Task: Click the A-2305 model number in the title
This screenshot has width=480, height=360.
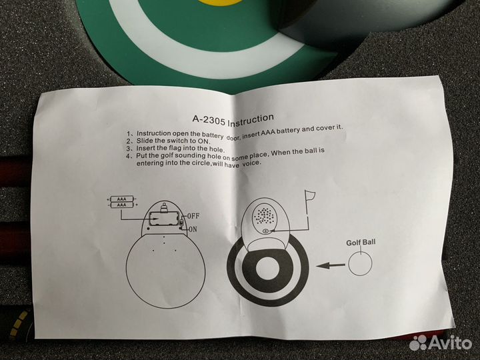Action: [209, 120]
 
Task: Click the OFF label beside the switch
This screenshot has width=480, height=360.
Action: [193, 216]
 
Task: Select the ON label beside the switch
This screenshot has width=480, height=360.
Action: [193, 229]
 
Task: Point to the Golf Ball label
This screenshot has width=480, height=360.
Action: [361, 243]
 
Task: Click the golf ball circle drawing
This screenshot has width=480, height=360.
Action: [360, 263]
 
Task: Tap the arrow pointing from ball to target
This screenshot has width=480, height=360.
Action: [330, 266]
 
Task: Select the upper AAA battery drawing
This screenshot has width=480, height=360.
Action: [122, 199]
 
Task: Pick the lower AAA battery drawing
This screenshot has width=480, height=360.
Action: [122, 205]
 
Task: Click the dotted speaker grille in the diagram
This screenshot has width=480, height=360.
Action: [264, 215]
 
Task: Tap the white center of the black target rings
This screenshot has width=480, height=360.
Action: [266, 269]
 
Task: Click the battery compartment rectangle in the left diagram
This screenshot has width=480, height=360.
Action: [164, 219]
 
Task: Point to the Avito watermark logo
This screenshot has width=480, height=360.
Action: [440, 342]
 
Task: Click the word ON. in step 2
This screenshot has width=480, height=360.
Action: [203, 141]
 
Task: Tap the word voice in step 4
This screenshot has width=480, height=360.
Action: [252, 163]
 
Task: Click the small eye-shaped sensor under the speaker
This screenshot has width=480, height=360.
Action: [266, 231]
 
